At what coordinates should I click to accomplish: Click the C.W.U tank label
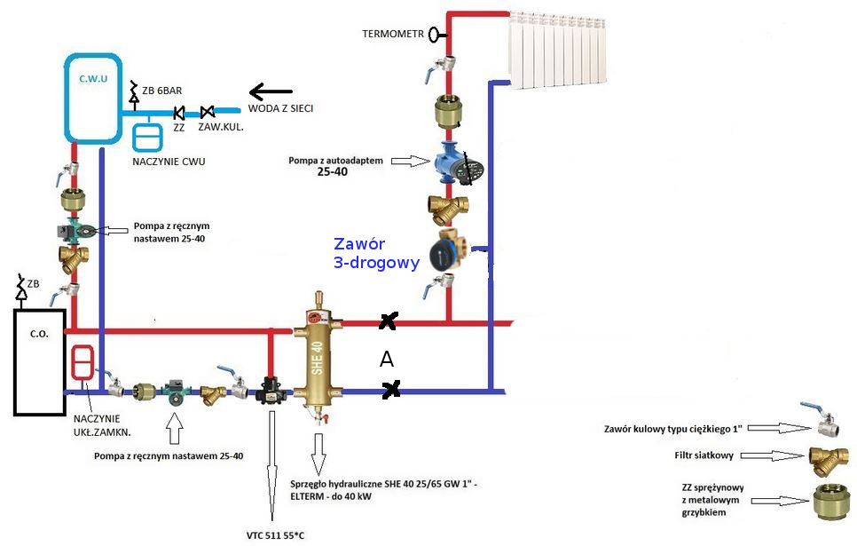tap(93, 78)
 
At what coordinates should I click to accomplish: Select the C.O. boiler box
tap(39, 362)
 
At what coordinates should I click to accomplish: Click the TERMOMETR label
tap(392, 35)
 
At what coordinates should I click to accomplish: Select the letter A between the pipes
tap(386, 358)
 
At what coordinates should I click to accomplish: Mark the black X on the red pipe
tap(387, 322)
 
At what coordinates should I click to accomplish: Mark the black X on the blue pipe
tap(389, 389)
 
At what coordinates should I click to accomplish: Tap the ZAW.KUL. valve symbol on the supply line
tap(208, 112)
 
